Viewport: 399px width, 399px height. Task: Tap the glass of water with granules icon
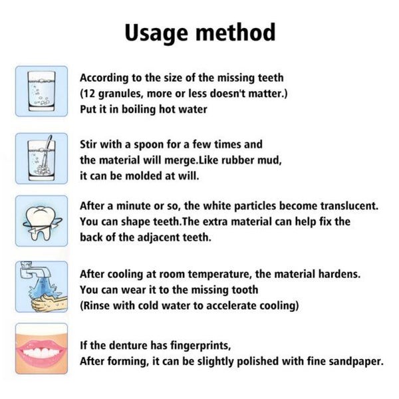tap(41, 90)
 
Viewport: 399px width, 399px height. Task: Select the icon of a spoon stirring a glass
tap(41, 158)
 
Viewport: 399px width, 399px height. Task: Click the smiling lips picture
tap(41, 348)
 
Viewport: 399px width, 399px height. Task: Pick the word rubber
tap(232, 160)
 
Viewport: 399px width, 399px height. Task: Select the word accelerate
tap(226, 306)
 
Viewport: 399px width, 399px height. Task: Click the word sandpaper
tap(356, 362)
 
